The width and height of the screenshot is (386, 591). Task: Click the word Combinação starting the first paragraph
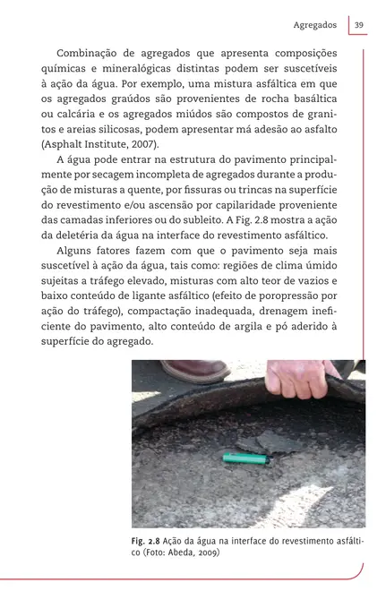pos(92,54)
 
